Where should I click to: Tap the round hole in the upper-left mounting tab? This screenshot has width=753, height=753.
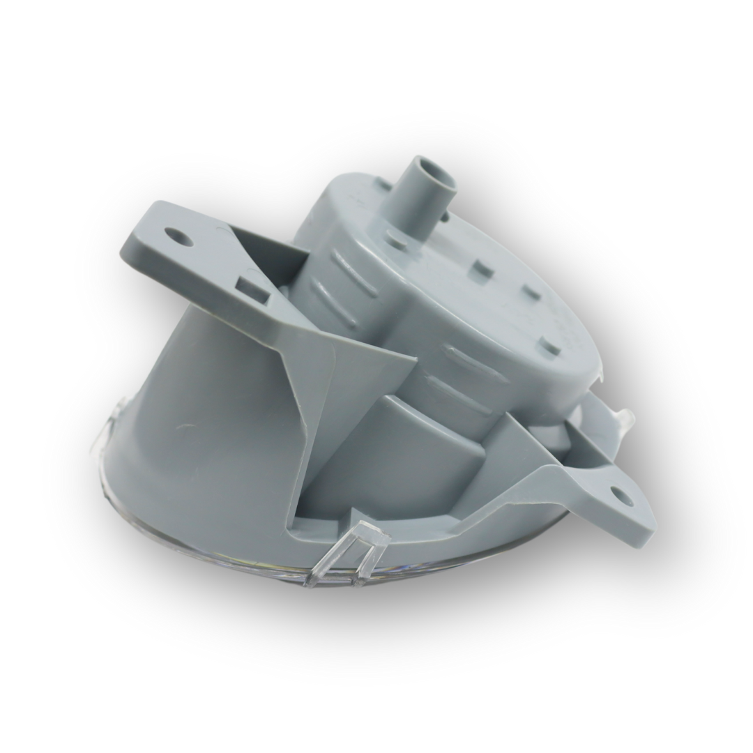pyautogui.click(x=180, y=238)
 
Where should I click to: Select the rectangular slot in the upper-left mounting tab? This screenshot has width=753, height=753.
pyautogui.click(x=252, y=289)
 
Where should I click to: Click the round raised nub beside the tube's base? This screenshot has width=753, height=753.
pyautogui.click(x=397, y=241)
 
